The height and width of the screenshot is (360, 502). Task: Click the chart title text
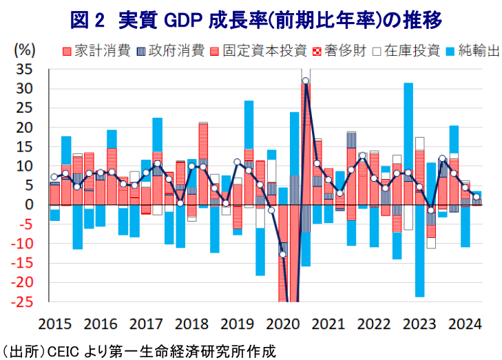click(255, 20)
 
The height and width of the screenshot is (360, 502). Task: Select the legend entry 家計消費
click(96, 51)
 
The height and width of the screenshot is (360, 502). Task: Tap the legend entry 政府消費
click(171, 51)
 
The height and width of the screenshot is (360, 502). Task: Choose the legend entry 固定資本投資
click(259, 51)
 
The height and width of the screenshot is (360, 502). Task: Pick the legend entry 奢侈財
click(339, 51)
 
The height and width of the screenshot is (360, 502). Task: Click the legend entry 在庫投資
click(406, 51)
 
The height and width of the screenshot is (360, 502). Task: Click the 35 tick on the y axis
click(25, 70)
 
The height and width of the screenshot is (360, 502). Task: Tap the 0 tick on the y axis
click(29, 204)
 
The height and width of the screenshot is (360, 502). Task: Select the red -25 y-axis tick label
click(22, 301)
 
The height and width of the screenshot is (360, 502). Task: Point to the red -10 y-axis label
click(22, 244)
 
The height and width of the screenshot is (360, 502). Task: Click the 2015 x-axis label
click(55, 324)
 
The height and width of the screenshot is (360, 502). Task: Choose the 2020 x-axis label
click(283, 324)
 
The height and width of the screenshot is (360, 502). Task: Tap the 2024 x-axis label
click(465, 324)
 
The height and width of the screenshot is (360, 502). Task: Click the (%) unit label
click(25, 50)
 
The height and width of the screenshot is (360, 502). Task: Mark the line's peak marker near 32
click(306, 81)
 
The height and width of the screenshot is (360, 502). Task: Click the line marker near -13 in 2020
click(283, 255)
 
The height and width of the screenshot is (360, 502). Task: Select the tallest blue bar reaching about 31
click(408, 127)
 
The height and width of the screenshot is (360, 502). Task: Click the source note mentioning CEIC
click(138, 351)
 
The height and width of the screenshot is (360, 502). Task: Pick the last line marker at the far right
click(477, 197)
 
